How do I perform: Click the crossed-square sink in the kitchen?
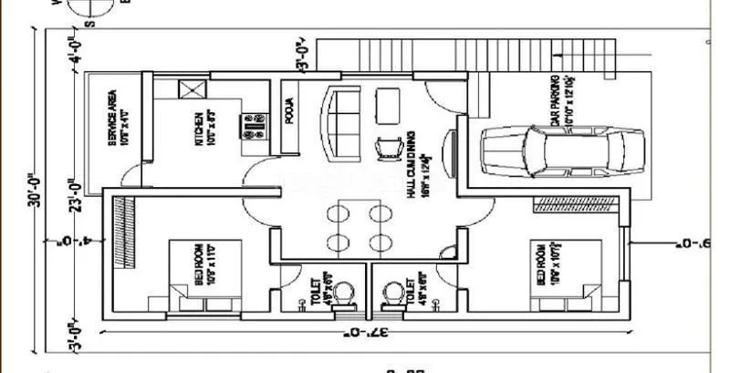coord(192,90)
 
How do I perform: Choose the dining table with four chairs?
coord(355,228)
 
